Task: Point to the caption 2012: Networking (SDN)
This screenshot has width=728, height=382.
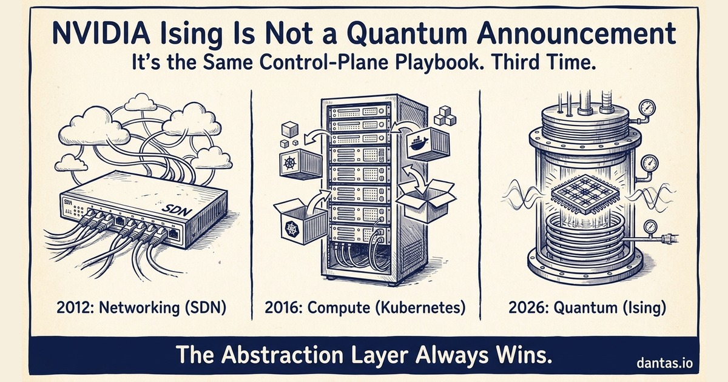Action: pos(142,307)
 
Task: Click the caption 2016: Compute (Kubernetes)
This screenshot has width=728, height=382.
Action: pos(365,307)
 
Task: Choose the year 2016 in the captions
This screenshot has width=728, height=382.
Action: pos(283,307)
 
